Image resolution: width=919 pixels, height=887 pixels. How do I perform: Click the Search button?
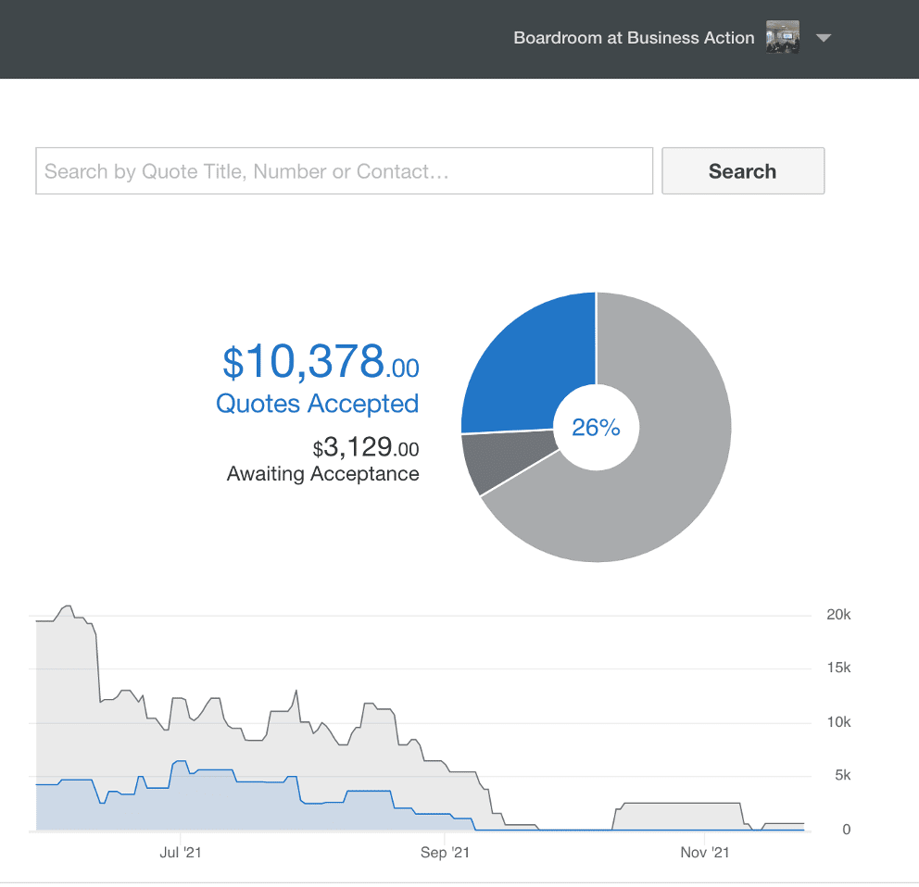pos(743,171)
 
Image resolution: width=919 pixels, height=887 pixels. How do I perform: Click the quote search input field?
pos(344,171)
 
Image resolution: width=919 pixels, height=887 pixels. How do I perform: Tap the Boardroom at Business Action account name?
pos(634,38)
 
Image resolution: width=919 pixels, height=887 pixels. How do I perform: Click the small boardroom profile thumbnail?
pos(783,37)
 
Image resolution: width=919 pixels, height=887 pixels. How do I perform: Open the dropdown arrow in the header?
pos(824,38)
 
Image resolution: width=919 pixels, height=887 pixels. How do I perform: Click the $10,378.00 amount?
pos(321,362)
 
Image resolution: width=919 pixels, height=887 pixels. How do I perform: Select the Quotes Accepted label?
pos(317,404)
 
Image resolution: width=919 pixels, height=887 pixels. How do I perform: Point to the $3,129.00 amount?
pos(366,447)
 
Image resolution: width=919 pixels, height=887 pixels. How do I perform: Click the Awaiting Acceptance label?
pos(323,473)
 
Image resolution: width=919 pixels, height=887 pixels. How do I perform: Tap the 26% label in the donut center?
pos(596,428)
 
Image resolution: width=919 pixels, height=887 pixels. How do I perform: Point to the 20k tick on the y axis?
pos(838,615)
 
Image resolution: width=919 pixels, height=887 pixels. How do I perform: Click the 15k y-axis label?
pos(838,668)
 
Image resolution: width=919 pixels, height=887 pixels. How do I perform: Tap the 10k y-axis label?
pos(838,722)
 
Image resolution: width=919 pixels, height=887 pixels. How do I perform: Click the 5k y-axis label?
pos(843,775)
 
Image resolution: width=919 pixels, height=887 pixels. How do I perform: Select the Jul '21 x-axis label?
pos(181,853)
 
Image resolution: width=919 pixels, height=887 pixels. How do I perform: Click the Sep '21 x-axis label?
pos(445,853)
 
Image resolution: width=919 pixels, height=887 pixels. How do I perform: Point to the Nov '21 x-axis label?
pos(704,853)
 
